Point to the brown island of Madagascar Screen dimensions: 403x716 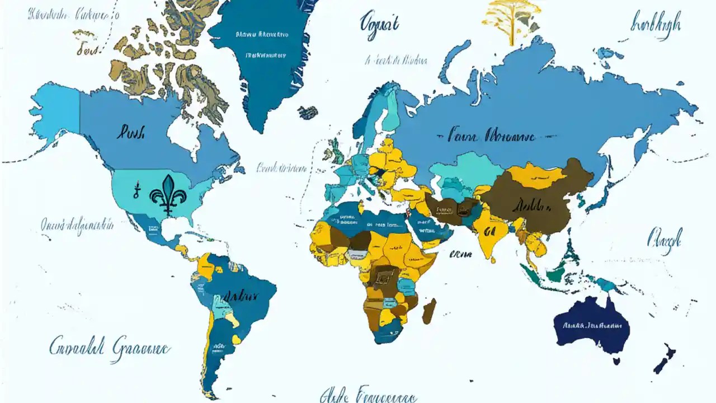pos(429,311)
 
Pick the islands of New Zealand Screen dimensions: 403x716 pos(666,358)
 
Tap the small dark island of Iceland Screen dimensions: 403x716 pos(307,113)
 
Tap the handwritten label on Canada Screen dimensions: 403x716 pos(131,133)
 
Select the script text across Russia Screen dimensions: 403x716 pos(492,136)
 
